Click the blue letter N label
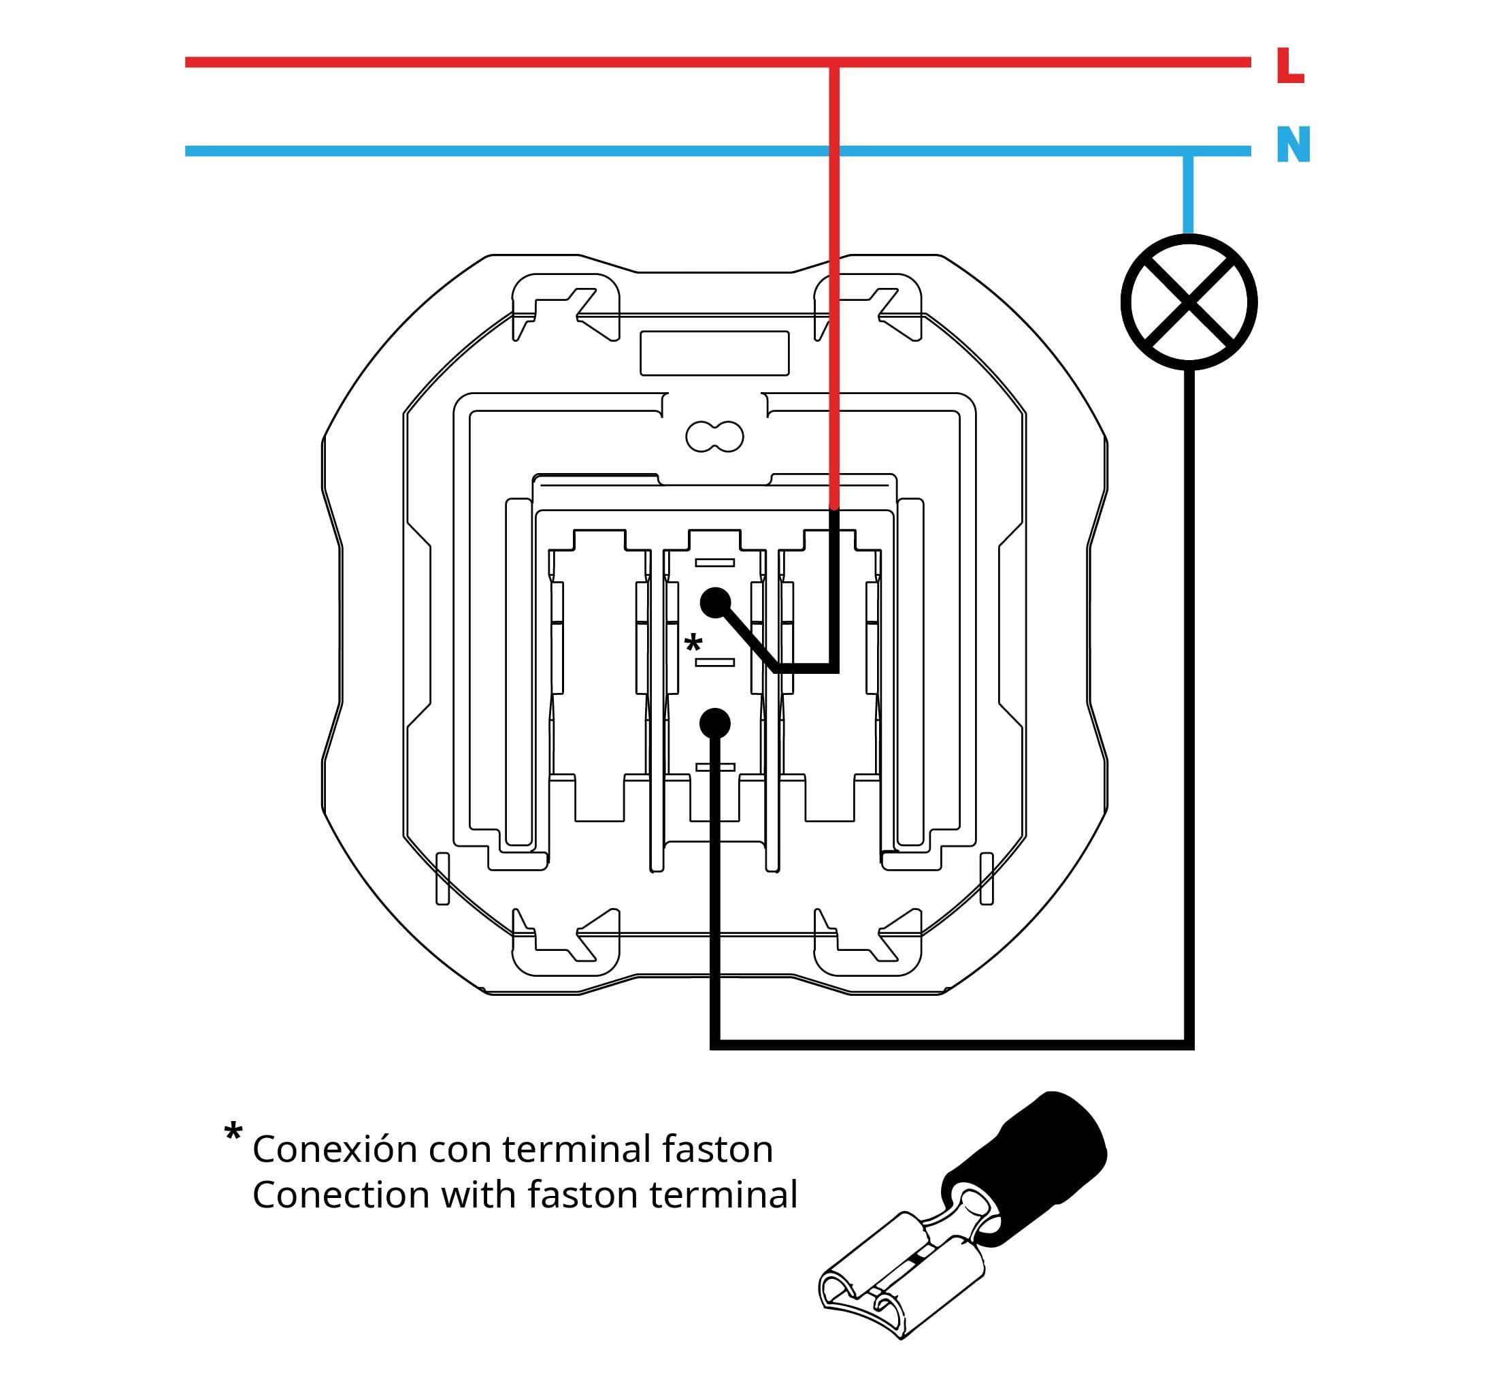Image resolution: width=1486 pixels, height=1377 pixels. pos(1293,144)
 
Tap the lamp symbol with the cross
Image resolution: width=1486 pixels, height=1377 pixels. pos(1189,302)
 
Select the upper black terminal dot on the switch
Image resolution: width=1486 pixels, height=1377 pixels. pos(715,603)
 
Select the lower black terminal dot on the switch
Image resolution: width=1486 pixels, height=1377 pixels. pos(715,723)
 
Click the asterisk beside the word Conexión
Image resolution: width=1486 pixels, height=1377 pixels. pos(233,1131)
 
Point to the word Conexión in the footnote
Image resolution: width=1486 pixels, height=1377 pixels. pos(335,1148)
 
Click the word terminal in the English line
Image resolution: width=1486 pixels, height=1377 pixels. pos(723,1195)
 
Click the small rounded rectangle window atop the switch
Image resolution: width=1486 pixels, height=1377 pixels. pos(714,353)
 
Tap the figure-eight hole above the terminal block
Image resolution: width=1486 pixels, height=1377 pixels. pos(714,436)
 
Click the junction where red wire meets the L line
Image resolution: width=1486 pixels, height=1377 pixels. pos(834,63)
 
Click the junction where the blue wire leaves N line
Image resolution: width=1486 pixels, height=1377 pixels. pos(1188,151)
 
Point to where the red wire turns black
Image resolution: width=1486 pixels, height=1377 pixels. pos(834,509)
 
